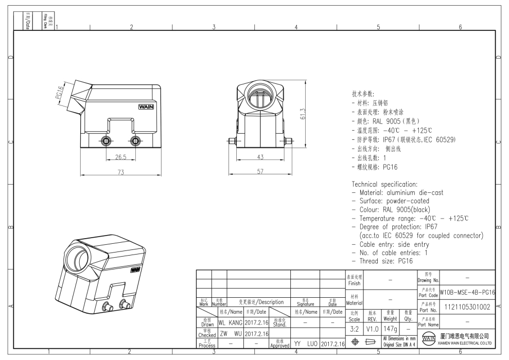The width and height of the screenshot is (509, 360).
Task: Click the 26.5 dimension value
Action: (x=120, y=157)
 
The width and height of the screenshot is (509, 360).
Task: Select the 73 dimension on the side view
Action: (x=120, y=173)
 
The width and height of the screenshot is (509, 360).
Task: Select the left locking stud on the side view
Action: (x=106, y=141)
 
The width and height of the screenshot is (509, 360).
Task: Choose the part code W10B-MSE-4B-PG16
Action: (x=467, y=292)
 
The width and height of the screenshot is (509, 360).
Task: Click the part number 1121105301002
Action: (x=467, y=307)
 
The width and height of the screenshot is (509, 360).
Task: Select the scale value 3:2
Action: (x=354, y=328)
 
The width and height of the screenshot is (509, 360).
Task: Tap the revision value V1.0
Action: (x=372, y=328)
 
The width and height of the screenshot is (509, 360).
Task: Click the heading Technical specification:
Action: (x=384, y=184)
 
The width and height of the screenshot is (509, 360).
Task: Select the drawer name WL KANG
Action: (x=230, y=323)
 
